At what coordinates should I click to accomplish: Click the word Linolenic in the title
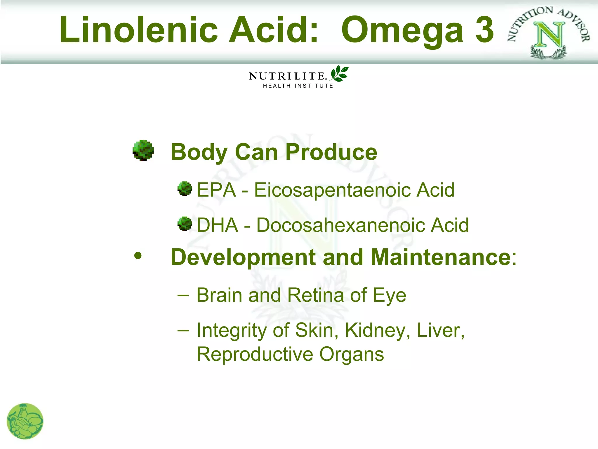pyautogui.click(x=139, y=30)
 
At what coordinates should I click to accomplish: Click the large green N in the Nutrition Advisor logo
pyautogui.click(x=549, y=35)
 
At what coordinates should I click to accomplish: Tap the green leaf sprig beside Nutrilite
pyautogui.click(x=339, y=73)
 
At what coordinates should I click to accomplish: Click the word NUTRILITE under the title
pyautogui.click(x=287, y=76)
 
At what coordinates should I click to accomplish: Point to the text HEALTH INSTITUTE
pyautogui.click(x=298, y=86)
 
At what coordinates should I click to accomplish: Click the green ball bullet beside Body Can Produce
pyautogui.click(x=143, y=150)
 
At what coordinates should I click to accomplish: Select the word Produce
pyautogui.click(x=331, y=152)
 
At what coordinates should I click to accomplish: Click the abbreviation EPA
pyautogui.click(x=216, y=190)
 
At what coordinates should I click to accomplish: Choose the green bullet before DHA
pyautogui.click(x=185, y=224)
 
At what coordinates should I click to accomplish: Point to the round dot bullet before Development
pyautogui.click(x=138, y=256)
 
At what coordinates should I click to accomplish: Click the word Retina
pyautogui.click(x=316, y=295)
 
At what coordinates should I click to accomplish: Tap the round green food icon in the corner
pyautogui.click(x=25, y=421)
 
